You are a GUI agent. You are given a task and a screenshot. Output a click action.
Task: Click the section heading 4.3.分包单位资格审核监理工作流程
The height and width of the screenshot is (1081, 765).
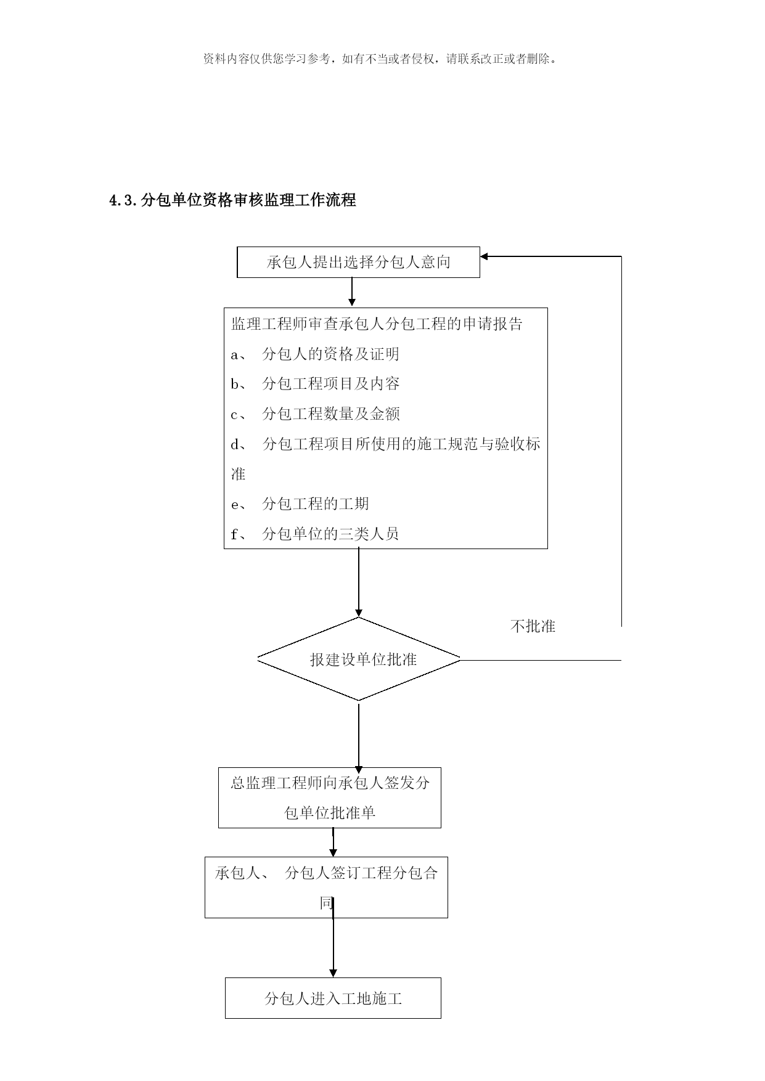click(232, 200)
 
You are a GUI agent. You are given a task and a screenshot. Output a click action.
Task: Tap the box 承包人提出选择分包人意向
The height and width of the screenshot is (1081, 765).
click(358, 263)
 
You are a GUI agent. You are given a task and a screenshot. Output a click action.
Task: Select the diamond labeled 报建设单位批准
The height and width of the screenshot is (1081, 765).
click(359, 659)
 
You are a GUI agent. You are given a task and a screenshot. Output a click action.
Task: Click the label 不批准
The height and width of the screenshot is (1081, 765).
click(533, 627)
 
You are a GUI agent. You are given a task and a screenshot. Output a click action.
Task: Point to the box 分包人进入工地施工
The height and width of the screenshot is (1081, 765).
click(333, 998)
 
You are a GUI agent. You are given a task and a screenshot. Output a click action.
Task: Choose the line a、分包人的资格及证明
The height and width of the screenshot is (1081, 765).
click(315, 354)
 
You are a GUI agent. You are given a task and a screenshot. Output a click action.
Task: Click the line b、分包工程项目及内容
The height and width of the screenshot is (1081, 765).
click(315, 383)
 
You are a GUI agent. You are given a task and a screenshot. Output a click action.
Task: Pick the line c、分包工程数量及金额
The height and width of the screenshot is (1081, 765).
click(315, 414)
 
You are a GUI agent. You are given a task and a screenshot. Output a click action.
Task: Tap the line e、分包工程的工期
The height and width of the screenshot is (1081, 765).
click(300, 504)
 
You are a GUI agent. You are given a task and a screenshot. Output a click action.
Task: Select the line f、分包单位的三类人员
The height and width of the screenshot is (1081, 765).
click(315, 534)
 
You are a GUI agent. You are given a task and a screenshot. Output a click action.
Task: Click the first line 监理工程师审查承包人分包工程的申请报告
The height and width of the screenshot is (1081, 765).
click(377, 324)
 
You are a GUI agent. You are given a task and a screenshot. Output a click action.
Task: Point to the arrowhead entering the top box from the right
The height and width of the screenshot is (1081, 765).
click(483, 256)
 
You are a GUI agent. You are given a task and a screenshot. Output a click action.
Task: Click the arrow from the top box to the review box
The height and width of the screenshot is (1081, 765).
click(352, 292)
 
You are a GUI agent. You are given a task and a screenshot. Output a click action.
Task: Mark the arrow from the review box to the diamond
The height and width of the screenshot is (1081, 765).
click(359, 583)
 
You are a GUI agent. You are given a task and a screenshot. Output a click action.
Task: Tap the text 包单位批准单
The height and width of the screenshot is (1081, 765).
click(330, 813)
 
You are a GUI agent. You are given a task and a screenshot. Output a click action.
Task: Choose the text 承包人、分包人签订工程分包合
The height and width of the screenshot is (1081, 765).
click(326, 873)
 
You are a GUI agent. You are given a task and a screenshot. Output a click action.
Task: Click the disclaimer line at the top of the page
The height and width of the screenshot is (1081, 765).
click(382, 59)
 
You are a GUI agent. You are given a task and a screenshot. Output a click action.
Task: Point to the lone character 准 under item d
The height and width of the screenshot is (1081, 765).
click(238, 474)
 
